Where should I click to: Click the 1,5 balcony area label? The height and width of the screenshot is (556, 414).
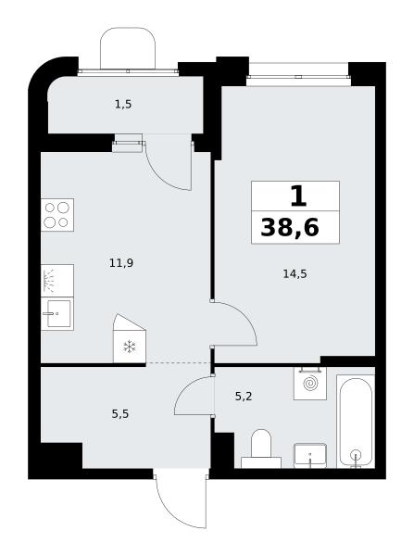tap(123, 105)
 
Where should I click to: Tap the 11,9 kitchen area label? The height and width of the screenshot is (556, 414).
tap(121, 263)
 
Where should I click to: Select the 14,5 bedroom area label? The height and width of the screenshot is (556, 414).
tap(295, 273)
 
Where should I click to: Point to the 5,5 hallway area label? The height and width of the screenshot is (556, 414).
tap(120, 414)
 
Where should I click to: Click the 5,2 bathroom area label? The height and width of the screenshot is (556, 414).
tap(244, 396)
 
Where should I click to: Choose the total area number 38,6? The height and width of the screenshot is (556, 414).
tap(290, 227)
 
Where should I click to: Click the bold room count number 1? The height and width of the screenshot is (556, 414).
tap(298, 196)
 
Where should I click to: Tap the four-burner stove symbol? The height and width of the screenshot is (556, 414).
tap(57, 215)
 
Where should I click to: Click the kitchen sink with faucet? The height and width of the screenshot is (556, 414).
tap(57, 314)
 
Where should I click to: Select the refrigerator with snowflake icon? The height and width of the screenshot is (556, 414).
tap(130, 338)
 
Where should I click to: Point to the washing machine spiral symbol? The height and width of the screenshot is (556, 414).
tap(310, 384)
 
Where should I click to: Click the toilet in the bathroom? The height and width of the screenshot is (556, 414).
tap(261, 449)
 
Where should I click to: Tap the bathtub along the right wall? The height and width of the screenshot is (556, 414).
tap(356, 422)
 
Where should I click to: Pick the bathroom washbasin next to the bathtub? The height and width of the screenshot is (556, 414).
tap(310, 456)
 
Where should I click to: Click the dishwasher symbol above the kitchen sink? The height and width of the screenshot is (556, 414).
tap(57, 281)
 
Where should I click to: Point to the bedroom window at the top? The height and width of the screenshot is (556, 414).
tap(297, 75)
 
